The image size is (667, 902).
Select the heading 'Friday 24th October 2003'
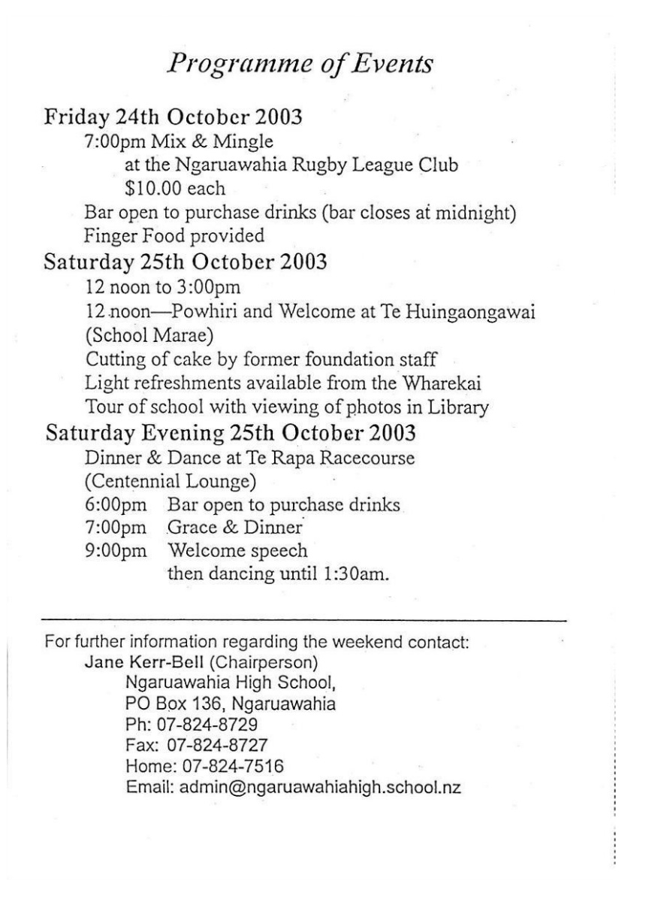click(174, 118)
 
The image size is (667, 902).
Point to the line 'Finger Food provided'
click(175, 237)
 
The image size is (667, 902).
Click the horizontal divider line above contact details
click(304, 621)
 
